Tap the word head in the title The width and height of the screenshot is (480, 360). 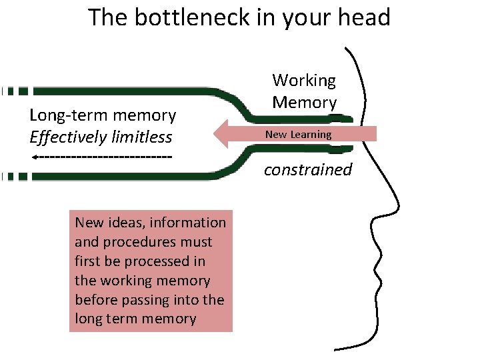(363, 17)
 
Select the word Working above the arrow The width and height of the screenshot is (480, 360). (304, 81)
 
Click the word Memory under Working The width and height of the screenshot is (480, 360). (304, 103)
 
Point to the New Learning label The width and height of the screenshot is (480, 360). (298, 135)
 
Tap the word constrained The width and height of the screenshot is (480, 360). (307, 169)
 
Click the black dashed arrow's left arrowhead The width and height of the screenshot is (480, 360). (33, 157)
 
